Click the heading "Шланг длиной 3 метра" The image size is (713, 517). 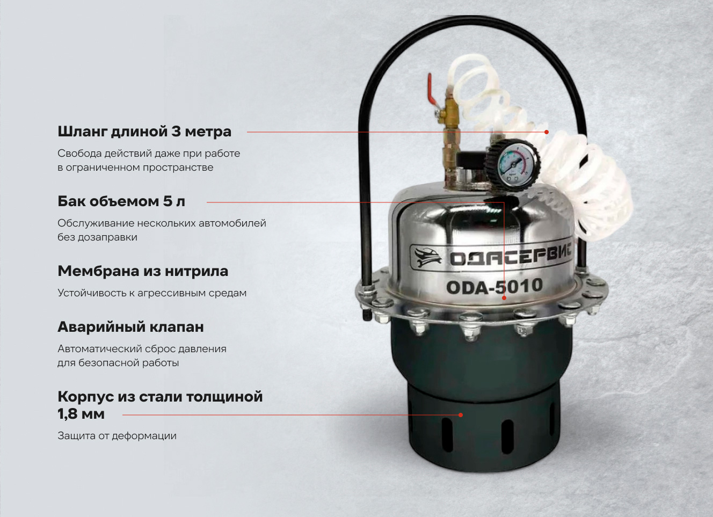tap(144, 132)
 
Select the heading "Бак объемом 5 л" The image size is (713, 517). tap(121, 201)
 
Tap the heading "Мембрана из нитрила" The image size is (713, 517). tap(143, 271)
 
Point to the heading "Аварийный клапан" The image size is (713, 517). tap(130, 327)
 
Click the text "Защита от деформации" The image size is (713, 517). tap(117, 436)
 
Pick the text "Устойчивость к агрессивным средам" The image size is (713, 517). tap(152, 293)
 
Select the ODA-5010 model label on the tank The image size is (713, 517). tap(494, 286)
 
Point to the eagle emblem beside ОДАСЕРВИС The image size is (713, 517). tap(428, 257)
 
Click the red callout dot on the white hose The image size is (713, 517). tap(547, 132)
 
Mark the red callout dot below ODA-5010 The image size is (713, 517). tap(504, 298)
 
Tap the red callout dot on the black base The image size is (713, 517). tap(461, 415)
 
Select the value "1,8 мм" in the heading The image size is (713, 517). tap(81, 414)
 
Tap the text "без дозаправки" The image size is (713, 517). tap(97, 237)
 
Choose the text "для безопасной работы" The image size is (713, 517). tap(118, 363)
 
